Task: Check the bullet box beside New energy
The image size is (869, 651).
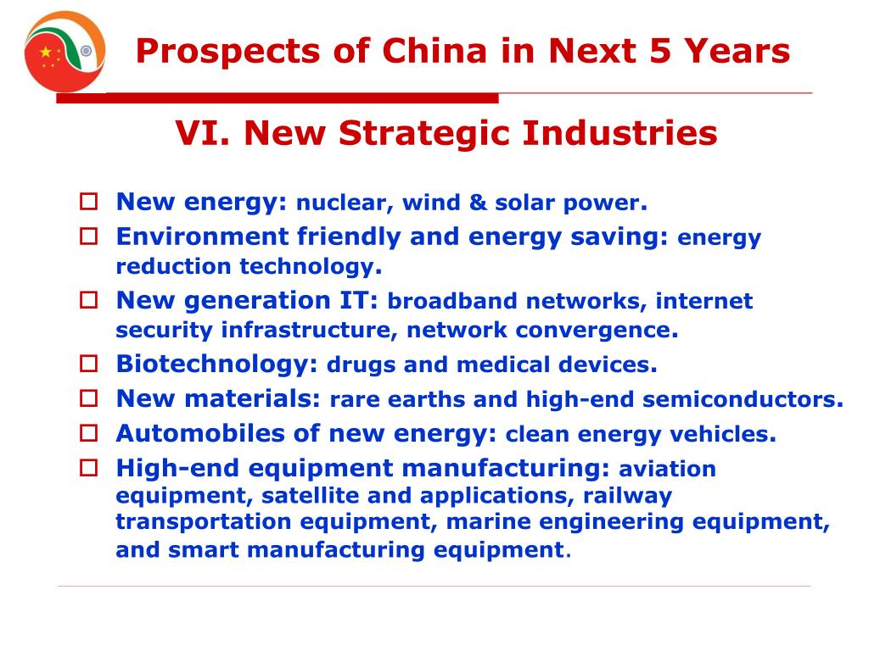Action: coord(89,203)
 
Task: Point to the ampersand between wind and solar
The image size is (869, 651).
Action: coord(477,203)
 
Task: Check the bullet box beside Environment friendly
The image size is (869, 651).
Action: coord(89,236)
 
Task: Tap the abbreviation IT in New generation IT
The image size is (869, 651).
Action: coord(363,300)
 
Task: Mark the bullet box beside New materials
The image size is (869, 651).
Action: coord(89,398)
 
